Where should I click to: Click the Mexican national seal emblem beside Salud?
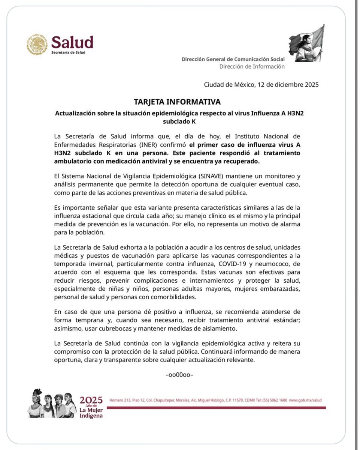pyautogui.click(x=37, y=45)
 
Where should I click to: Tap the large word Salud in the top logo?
pyautogui.click(x=72, y=42)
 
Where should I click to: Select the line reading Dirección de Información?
pyautogui.click(x=252, y=66)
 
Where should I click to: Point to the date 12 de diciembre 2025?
pyautogui.click(x=288, y=85)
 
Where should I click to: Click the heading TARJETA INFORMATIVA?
pyautogui.click(x=177, y=102)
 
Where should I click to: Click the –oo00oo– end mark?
pyautogui.click(x=179, y=375)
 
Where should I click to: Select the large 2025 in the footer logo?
pyautogui.click(x=91, y=399)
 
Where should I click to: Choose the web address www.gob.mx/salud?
pyautogui.click(x=305, y=400)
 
